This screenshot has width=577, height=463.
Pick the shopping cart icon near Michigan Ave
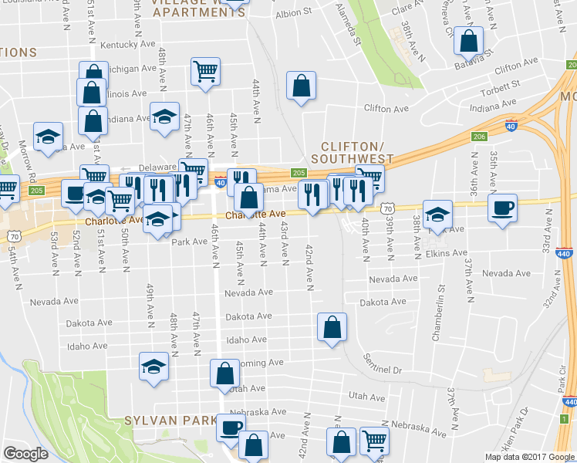click(x=205, y=72)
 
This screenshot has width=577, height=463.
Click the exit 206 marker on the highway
click(x=480, y=136)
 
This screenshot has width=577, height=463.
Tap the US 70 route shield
click(x=387, y=208)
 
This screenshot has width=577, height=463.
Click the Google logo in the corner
click(x=25, y=454)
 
